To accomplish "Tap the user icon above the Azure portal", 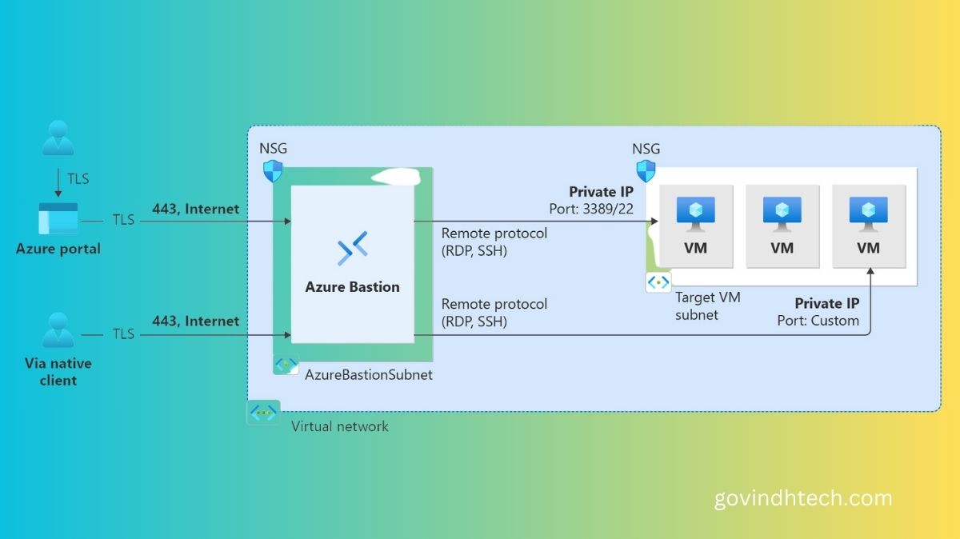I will [58, 138].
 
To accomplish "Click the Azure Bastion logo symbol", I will [352, 248].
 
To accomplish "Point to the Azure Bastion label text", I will [352, 286].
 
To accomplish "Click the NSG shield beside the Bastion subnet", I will [273, 170].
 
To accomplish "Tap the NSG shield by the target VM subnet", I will [646, 170].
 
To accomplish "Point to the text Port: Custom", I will [818, 321].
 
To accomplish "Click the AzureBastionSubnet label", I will [369, 374].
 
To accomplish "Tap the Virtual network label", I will [339, 426].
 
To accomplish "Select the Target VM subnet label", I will [707, 305].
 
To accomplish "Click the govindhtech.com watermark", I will [802, 499].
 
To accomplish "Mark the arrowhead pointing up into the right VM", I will [869, 273].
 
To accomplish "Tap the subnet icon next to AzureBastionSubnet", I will [286, 364].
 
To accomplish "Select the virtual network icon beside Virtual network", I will [263, 413].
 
